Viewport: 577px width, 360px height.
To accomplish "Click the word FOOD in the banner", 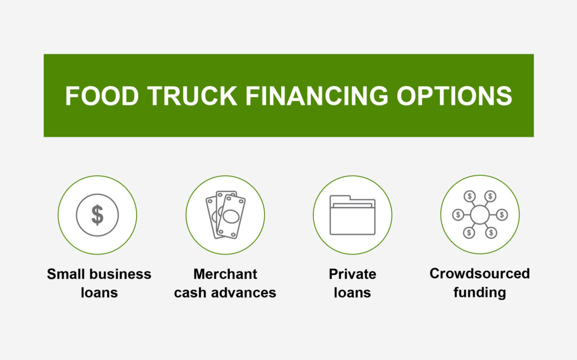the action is point(102,96).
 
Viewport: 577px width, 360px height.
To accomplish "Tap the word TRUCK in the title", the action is point(193,96).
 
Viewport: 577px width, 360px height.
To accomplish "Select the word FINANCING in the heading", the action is point(317,96).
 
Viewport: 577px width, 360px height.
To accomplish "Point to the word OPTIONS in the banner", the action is point(454,96).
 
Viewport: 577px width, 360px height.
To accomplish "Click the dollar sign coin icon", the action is point(97,215).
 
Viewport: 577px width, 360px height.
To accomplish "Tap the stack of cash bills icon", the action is point(225,215).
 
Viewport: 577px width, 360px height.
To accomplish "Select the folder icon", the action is point(353,215).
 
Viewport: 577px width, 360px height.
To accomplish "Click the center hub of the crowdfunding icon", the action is point(480,215).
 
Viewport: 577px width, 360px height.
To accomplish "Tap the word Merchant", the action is point(225,274).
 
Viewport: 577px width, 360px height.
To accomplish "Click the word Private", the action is point(353,274).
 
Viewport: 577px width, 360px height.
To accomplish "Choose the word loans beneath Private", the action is point(353,292).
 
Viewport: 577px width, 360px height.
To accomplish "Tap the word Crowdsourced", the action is point(480,273).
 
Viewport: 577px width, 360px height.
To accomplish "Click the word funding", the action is point(480,292).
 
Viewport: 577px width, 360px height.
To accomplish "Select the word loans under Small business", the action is point(99,292).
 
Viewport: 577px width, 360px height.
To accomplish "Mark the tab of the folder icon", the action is point(340,198).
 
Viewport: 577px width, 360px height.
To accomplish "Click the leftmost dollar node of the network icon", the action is point(458,215).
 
